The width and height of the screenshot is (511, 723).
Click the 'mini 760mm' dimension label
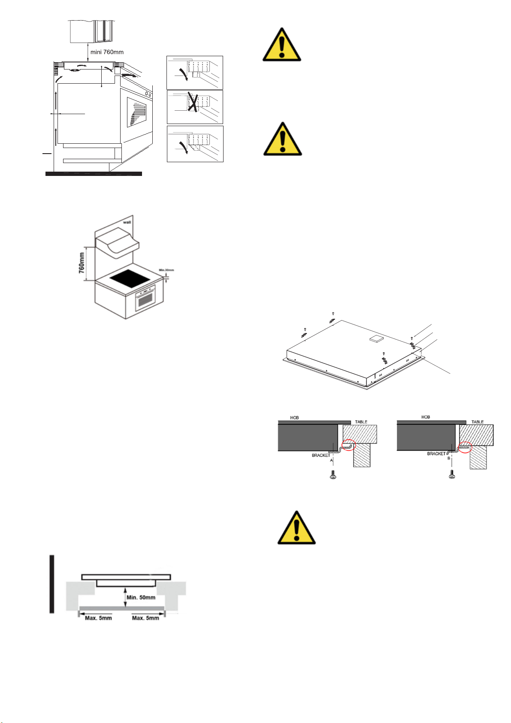(x=107, y=52)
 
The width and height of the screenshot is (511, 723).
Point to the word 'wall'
(x=127, y=222)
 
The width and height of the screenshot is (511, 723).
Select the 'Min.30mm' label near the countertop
(x=166, y=270)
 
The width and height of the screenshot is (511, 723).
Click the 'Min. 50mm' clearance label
(x=141, y=597)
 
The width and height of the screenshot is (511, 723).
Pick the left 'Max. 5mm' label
(x=98, y=618)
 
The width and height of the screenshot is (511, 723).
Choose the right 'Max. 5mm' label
(x=145, y=618)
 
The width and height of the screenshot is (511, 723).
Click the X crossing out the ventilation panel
(x=193, y=103)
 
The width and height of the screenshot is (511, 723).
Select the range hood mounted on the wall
(x=117, y=244)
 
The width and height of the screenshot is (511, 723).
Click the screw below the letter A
(x=332, y=475)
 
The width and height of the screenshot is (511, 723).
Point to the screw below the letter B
(x=451, y=475)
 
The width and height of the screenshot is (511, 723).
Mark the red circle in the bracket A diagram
(x=349, y=446)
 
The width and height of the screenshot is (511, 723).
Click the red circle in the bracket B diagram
(x=465, y=447)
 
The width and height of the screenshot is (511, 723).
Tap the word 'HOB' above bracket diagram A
(x=294, y=417)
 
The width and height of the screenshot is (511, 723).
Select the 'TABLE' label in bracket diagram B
(x=478, y=422)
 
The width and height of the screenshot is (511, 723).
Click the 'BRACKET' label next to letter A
(x=321, y=455)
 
